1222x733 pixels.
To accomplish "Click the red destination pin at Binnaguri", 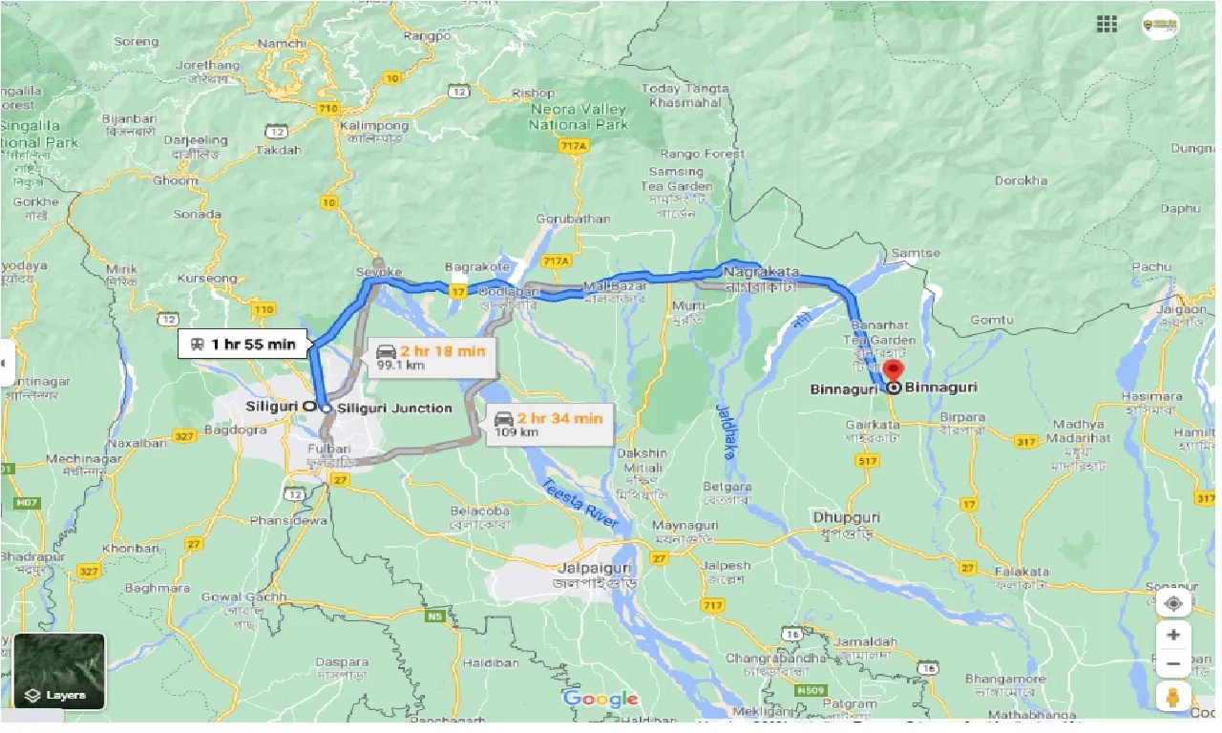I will coord(893,371).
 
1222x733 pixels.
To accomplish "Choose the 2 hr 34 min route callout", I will coord(548,424).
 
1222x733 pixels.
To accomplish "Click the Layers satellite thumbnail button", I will coord(59,671).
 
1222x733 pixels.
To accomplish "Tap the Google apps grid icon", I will coord(1106,25).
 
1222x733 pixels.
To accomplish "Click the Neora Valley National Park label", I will coord(579,116).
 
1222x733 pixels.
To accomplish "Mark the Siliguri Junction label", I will coord(394,408).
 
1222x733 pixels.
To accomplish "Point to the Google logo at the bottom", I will coord(600,700).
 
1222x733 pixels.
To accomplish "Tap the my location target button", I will coord(1173,603).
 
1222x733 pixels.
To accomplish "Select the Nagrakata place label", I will coord(761,273).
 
